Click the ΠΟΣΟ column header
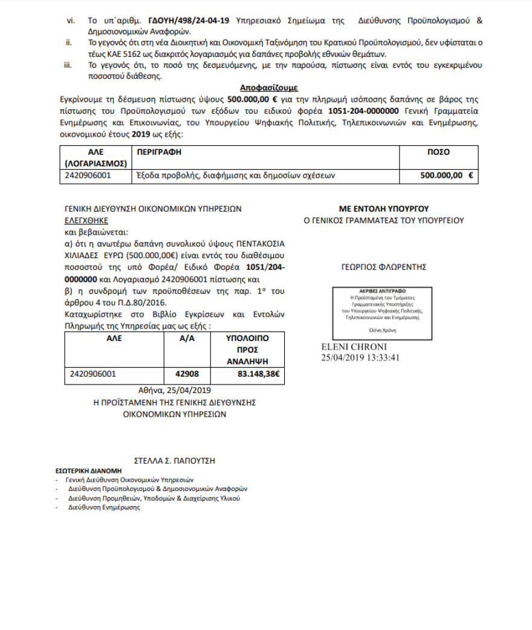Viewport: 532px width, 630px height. click(x=438, y=152)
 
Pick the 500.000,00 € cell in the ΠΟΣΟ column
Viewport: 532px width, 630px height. click(x=446, y=176)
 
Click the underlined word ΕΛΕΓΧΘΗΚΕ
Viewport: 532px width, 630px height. click(x=86, y=220)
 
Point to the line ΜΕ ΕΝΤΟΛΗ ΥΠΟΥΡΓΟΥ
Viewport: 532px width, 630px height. click(x=383, y=209)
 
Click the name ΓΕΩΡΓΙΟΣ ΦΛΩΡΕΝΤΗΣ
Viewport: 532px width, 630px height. click(x=383, y=266)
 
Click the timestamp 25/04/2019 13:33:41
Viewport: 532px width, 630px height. click(x=361, y=357)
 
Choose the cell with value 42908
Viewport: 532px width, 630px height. click(x=187, y=374)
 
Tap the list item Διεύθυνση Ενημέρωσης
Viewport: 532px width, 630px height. click(x=104, y=507)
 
